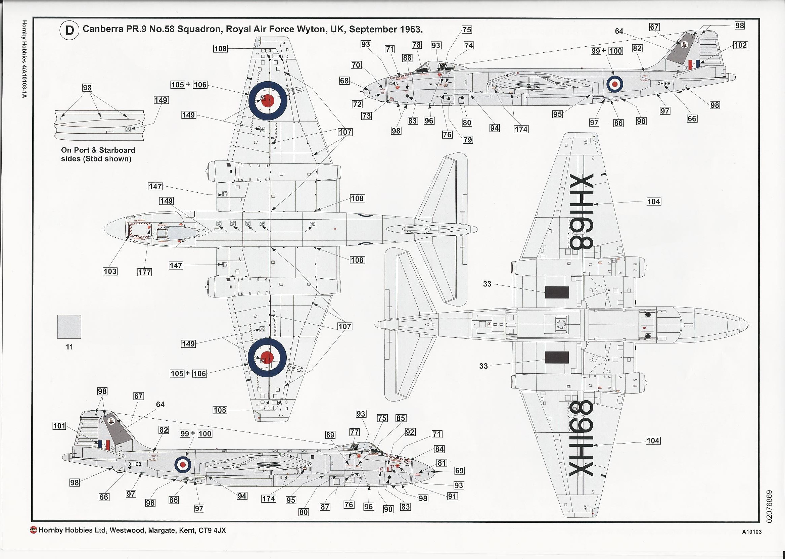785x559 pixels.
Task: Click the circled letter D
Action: [70, 30]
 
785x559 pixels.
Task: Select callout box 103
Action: [110, 271]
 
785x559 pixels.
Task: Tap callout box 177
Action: [144, 272]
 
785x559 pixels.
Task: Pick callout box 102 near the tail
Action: [740, 45]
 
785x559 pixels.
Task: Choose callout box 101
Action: [59, 426]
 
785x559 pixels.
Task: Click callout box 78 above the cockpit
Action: [416, 45]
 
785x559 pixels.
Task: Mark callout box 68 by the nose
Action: [344, 81]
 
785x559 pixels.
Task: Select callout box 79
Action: [468, 140]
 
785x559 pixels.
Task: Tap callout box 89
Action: [330, 435]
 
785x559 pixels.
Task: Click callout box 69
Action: [459, 471]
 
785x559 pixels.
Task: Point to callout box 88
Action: [407, 58]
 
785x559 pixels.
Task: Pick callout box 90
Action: [388, 509]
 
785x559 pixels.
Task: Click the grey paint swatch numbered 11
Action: [69, 327]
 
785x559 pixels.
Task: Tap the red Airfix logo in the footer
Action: [34, 530]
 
